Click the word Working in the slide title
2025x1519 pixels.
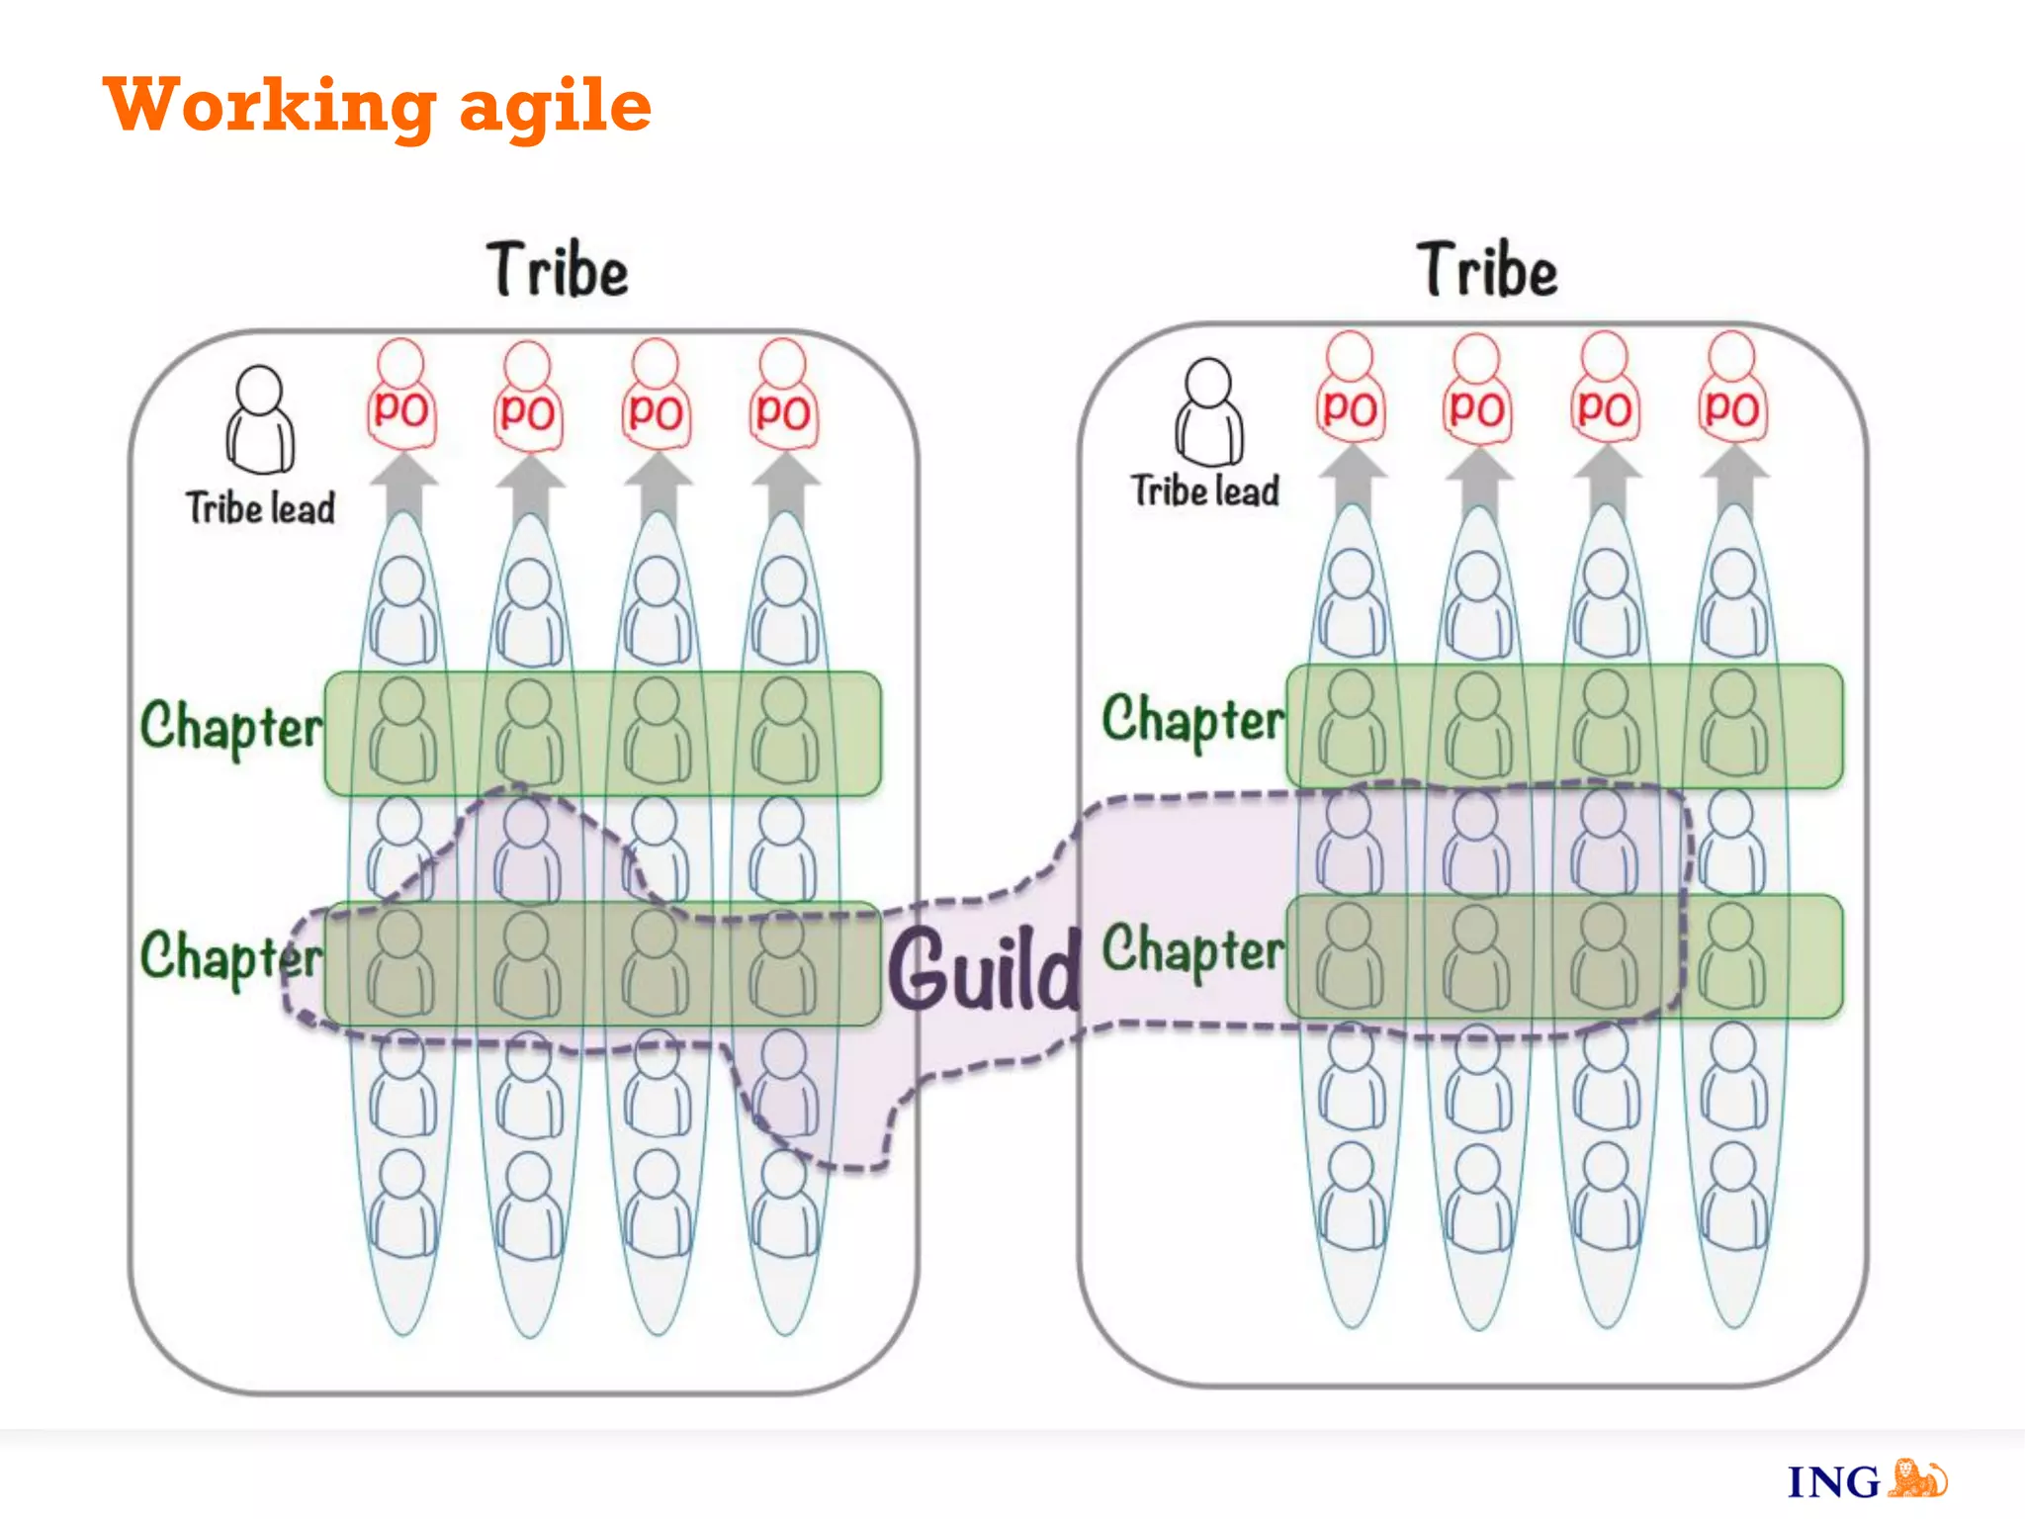pos(269,105)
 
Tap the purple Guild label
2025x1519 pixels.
pos(984,970)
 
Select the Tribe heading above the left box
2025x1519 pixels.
pos(558,270)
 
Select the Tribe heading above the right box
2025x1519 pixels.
pos(1487,270)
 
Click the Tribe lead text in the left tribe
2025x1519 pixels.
pos(260,508)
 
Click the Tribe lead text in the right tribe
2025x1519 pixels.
pos(1205,491)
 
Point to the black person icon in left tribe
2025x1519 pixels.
pos(260,420)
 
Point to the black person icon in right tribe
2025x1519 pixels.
pos(1208,412)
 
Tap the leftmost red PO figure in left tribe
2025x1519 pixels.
pos(400,396)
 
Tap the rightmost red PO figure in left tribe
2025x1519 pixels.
pos(783,396)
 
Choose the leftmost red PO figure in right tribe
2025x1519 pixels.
pos(1350,391)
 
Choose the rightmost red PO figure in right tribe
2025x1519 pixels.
pos(1732,391)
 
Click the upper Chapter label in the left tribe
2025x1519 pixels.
pos(231,726)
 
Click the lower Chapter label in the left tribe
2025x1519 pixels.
pos(231,956)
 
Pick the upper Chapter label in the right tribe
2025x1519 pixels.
pos(1193,719)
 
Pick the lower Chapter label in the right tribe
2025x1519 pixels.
pos(1193,949)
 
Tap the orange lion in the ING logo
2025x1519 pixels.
pos(1917,1478)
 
